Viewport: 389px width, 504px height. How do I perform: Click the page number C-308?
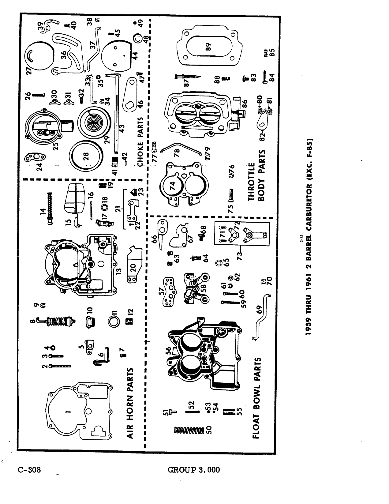(x=29, y=470)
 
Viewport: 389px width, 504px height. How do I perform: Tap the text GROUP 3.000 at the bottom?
(x=194, y=470)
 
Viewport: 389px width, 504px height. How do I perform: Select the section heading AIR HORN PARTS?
(x=130, y=403)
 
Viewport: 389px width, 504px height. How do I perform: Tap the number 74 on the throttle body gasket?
(x=173, y=186)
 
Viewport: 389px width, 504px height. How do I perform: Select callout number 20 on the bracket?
(x=133, y=268)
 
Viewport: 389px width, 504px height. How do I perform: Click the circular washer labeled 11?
(x=114, y=322)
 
